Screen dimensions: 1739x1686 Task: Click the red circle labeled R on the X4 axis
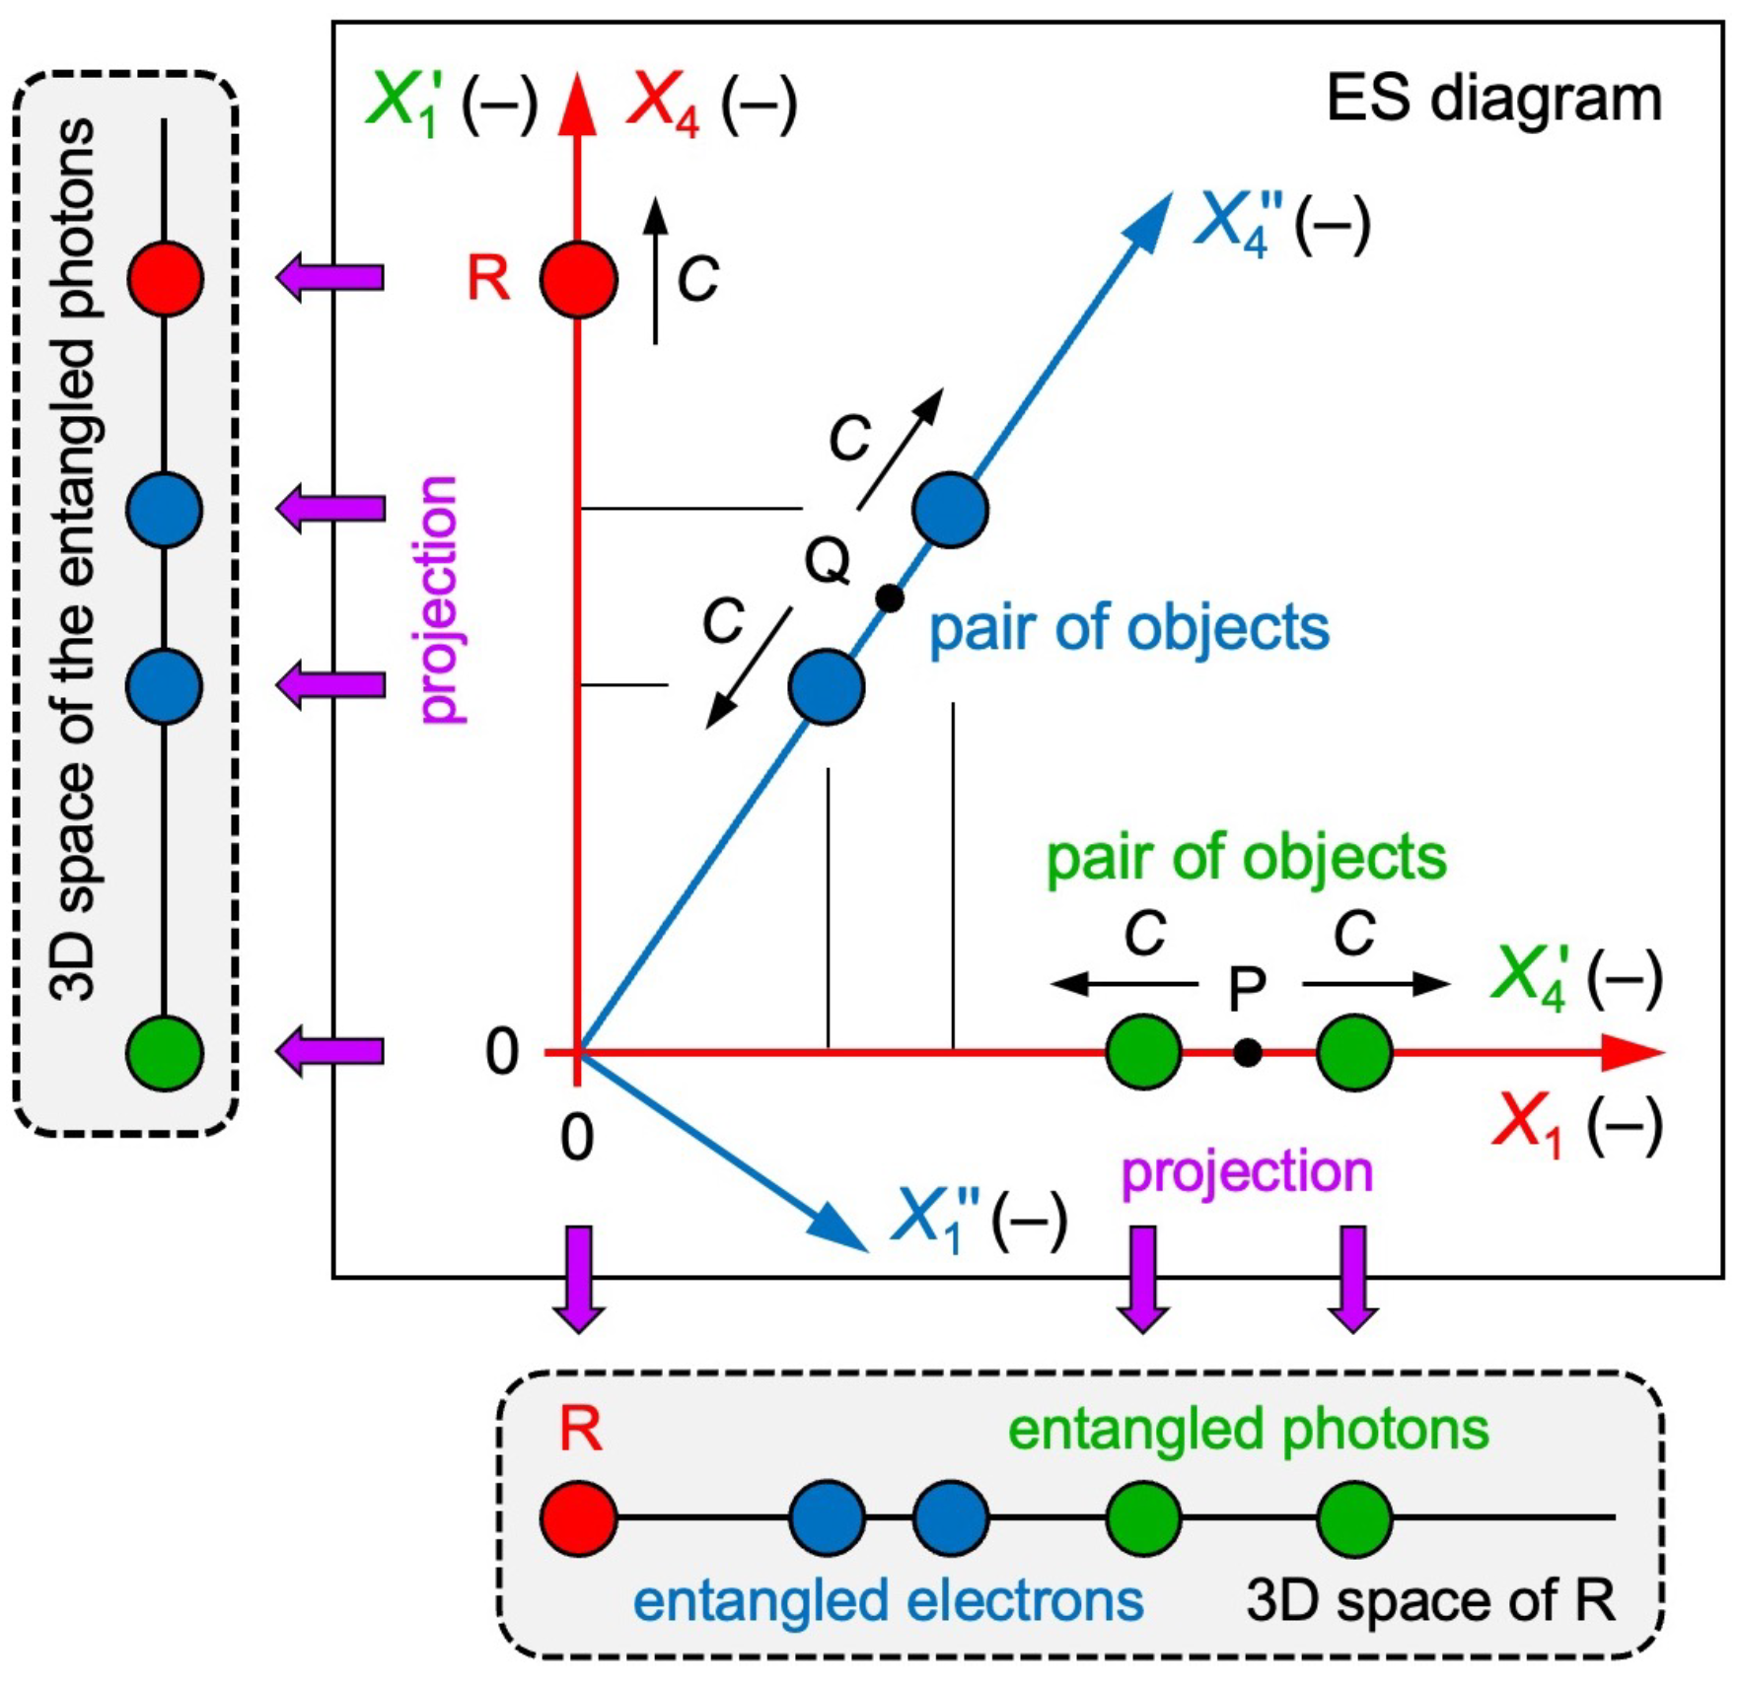tap(579, 279)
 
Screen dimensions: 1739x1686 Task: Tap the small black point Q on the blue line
tap(890, 597)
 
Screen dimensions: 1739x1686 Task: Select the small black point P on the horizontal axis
tap(1247, 1053)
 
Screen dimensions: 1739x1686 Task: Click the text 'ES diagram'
tap(1494, 99)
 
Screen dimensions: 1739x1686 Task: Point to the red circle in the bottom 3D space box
tap(579, 1518)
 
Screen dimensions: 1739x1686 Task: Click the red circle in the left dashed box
tap(166, 279)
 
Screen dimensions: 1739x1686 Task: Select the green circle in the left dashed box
tap(166, 1053)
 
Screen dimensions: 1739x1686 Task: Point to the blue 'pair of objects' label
tap(1129, 628)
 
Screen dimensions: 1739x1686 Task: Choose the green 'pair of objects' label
tap(1247, 858)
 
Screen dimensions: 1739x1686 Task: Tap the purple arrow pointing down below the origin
tap(579, 1280)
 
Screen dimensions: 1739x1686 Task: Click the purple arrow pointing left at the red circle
tap(330, 277)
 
